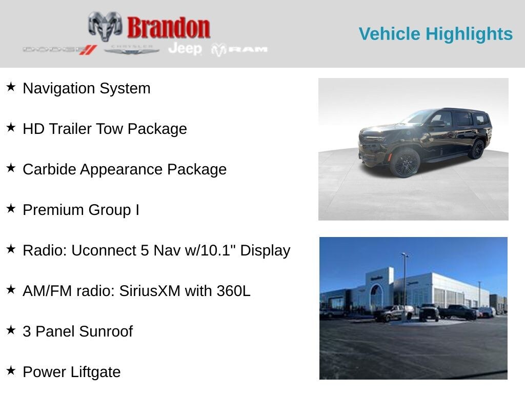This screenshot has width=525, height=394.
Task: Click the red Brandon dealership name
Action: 168,27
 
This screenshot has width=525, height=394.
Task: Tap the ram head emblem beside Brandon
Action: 105,26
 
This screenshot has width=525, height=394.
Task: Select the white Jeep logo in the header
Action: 185,49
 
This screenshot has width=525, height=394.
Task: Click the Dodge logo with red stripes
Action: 60,50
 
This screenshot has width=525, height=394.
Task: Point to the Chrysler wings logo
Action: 131,50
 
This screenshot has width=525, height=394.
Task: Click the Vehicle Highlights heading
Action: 436,34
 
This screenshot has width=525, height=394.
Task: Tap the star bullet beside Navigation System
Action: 11,87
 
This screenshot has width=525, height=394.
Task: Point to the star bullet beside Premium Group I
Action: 11,208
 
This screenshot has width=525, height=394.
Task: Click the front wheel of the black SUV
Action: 405,162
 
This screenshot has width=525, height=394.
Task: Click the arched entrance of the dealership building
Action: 376,296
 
